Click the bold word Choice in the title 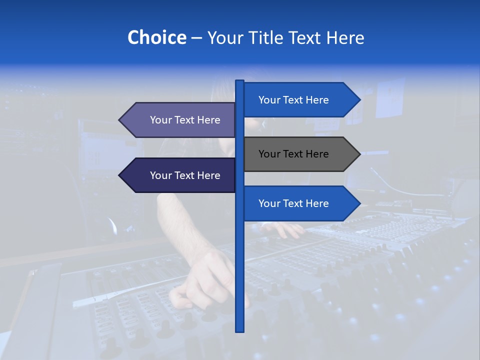click(156, 37)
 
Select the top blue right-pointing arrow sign click(300, 100)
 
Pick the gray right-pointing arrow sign click(300, 154)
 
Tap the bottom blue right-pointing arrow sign click(300, 203)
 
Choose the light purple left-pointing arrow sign click(180, 120)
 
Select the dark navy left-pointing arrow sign click(180, 175)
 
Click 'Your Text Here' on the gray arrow click(293, 154)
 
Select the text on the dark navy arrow click(185, 175)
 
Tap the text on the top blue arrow click(293, 100)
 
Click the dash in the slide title click(196, 38)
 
